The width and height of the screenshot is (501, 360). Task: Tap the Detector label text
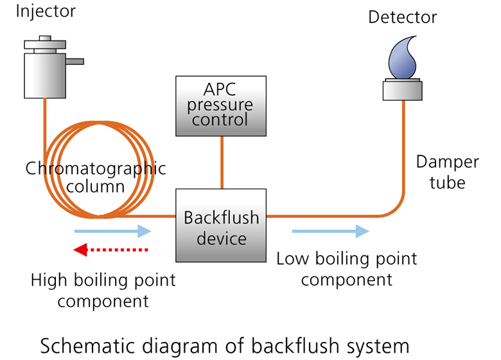[x=402, y=17]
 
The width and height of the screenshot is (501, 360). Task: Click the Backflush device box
[x=222, y=227]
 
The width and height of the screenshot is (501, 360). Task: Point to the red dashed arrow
[x=111, y=249]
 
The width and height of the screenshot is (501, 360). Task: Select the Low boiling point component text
[x=347, y=269]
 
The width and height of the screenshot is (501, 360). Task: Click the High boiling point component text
[x=103, y=291]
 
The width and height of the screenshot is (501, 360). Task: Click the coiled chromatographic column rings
[x=96, y=199]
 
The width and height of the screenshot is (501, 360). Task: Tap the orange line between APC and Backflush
[x=222, y=163]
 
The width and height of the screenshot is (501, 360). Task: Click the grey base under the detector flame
[x=402, y=89]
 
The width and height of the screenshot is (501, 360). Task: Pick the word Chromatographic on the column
[x=95, y=169]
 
